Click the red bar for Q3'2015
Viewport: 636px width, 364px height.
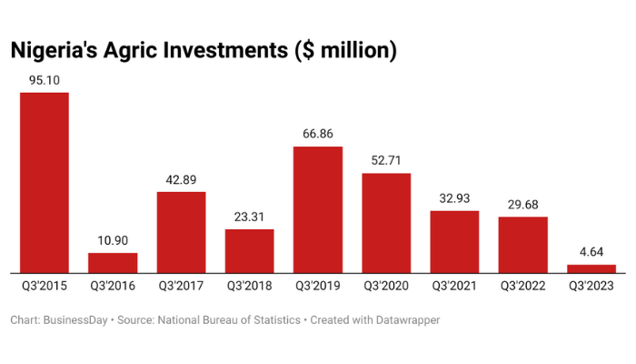coord(45,182)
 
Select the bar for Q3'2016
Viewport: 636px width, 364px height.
coord(113,262)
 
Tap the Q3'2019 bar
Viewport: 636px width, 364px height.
coord(318,209)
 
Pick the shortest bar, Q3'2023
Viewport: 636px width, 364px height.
coord(591,268)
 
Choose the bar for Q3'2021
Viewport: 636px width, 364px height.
coord(454,241)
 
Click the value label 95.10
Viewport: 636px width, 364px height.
coord(45,80)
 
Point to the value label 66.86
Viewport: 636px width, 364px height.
coord(318,134)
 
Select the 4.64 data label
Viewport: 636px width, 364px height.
coord(591,252)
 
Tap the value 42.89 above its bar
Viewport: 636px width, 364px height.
coord(181,179)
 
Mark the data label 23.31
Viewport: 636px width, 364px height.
coord(249,217)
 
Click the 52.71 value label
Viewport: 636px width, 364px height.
coord(386,160)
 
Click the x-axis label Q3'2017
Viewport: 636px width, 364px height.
coord(181,286)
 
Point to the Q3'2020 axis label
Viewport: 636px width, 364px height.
coord(386,286)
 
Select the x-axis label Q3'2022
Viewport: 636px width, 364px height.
coord(523,286)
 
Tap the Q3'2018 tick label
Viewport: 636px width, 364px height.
coord(249,286)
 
